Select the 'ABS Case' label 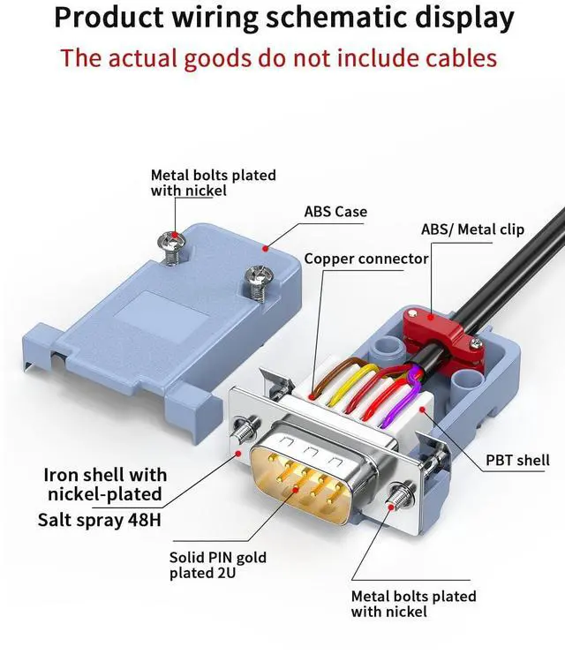point(335,212)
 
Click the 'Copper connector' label point(366,259)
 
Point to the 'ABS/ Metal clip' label point(472,229)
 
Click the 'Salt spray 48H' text point(100,519)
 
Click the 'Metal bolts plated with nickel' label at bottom point(413,604)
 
